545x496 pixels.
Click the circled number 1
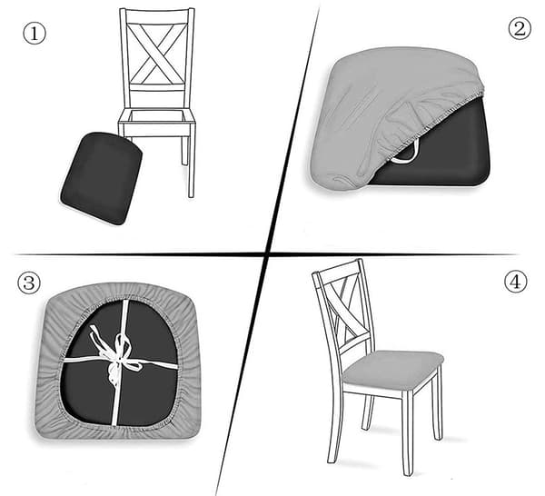[35, 33]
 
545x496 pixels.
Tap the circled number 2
[520, 28]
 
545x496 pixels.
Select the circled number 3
[29, 283]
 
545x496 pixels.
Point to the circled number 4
[515, 282]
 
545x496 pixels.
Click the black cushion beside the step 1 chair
[102, 178]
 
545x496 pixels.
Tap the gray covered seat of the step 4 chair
[392, 370]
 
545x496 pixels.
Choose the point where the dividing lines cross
[266, 254]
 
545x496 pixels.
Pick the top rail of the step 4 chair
[336, 269]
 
